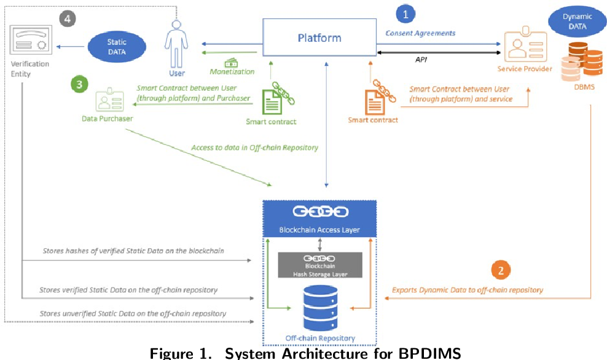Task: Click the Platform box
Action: coord(319,38)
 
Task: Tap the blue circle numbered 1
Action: coord(405,14)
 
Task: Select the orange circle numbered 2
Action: coord(501,270)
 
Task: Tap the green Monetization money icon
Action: coord(232,62)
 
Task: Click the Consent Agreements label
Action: coord(420,33)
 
